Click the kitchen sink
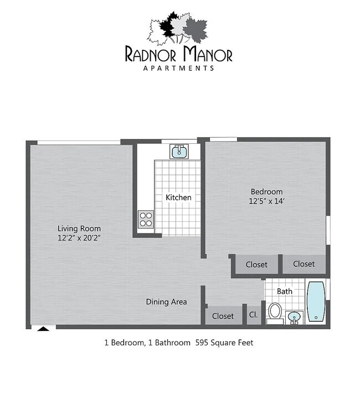(x=179, y=151)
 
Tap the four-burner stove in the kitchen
(x=146, y=219)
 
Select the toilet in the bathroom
(x=274, y=312)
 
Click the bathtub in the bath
(x=316, y=302)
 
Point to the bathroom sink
(x=294, y=316)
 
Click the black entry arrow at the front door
(x=43, y=329)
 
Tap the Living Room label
(x=79, y=228)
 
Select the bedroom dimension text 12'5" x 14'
(x=266, y=201)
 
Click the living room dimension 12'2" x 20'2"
(x=79, y=237)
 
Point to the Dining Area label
(x=166, y=302)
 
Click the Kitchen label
(x=178, y=197)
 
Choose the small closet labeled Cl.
(x=254, y=315)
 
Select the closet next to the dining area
(x=223, y=315)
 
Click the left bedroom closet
(x=256, y=264)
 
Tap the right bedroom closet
(x=304, y=264)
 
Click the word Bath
(x=285, y=291)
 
